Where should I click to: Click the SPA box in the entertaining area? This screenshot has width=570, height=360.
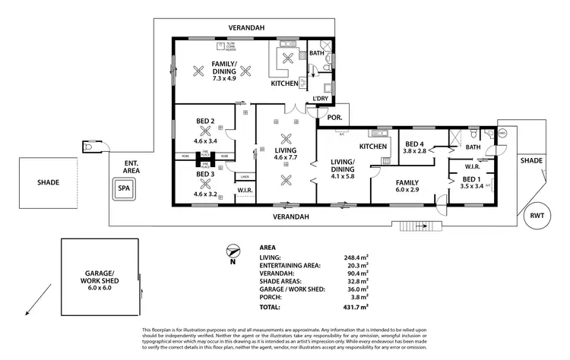coord(122,190)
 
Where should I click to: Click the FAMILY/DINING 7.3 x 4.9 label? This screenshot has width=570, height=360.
coord(214,72)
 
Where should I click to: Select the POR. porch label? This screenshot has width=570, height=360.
coord(334,117)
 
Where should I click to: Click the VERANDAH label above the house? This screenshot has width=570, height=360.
coord(248,28)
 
